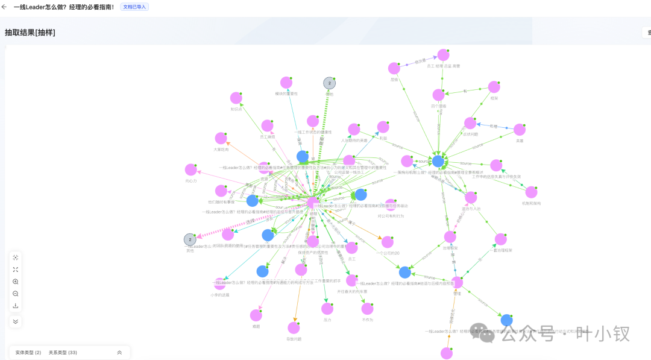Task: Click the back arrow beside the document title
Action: [x=4, y=7]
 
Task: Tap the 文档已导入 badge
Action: [x=134, y=7]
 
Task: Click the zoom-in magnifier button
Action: [x=16, y=282]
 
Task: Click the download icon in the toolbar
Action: [x=16, y=306]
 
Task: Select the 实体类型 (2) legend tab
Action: [x=28, y=352]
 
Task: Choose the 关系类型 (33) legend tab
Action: [x=63, y=352]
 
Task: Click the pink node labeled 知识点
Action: [x=236, y=98]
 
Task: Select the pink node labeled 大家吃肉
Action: [x=221, y=138]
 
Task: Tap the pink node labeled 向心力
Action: [x=191, y=170]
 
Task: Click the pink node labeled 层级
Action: [x=394, y=68]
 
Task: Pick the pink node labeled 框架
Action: [x=494, y=87]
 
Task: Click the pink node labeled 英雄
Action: [x=520, y=130]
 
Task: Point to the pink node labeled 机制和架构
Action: [x=531, y=192]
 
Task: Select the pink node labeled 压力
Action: [x=327, y=309]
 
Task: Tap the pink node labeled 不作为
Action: [x=368, y=309]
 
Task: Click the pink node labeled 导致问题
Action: [x=294, y=328]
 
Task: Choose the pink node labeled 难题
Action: [x=256, y=315]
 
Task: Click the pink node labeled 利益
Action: [x=383, y=127]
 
